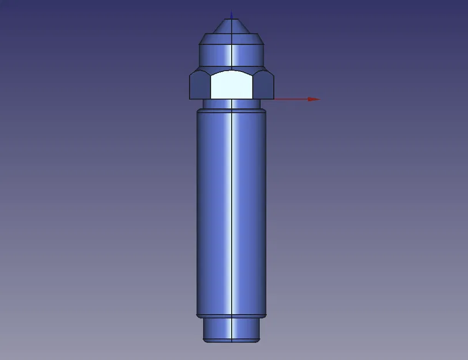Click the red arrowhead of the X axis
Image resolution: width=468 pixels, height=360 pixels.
point(314,99)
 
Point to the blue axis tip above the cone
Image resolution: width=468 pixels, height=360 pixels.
point(232,14)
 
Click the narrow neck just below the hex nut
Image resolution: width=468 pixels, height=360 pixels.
point(219,104)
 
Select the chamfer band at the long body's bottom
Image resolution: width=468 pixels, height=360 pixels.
point(219,316)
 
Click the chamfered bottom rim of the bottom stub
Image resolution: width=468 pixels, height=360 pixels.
point(231,340)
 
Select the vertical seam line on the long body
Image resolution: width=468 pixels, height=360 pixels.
point(231,213)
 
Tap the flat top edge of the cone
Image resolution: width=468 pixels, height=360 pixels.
point(231,19)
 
